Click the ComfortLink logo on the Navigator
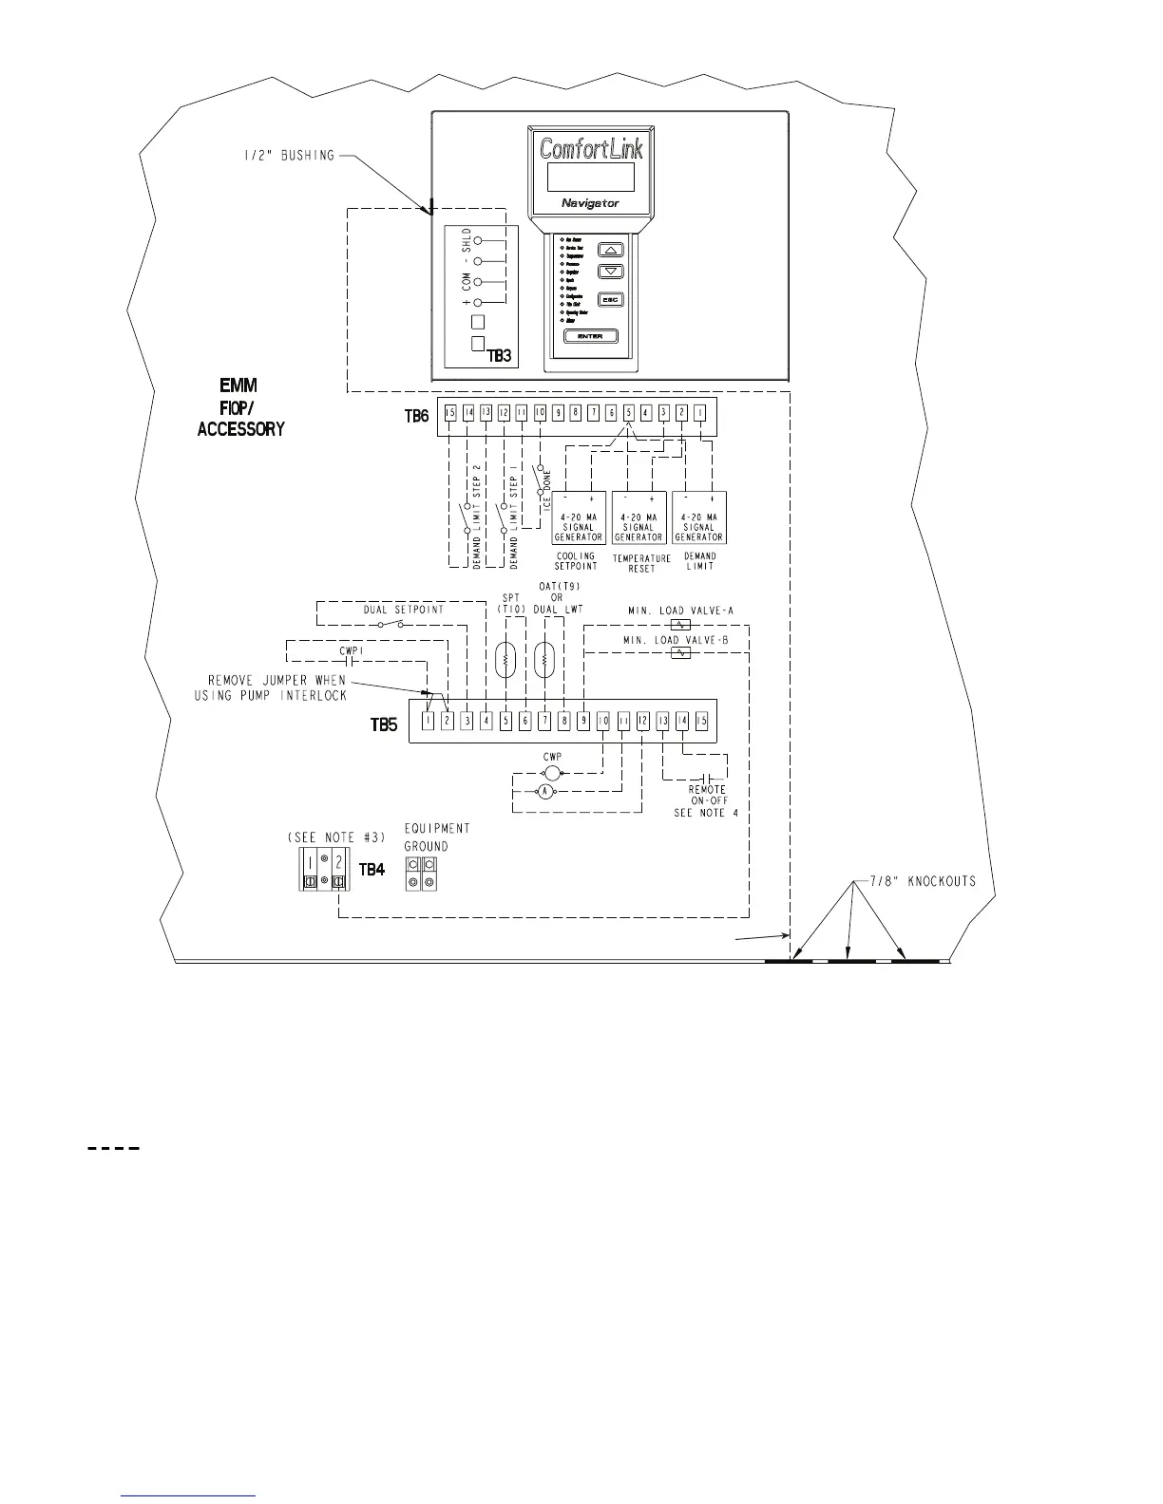590,148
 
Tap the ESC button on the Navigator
611,300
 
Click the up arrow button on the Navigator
611,251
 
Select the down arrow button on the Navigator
611,272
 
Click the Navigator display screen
590,177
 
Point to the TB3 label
499,356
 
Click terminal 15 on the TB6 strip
450,413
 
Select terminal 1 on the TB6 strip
699,413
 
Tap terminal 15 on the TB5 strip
701,721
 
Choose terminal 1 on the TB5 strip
429,721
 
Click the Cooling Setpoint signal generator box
578,517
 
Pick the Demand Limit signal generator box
698,517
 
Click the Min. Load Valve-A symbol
680,626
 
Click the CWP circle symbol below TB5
552,773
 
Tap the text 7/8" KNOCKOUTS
923,881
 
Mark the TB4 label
372,869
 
